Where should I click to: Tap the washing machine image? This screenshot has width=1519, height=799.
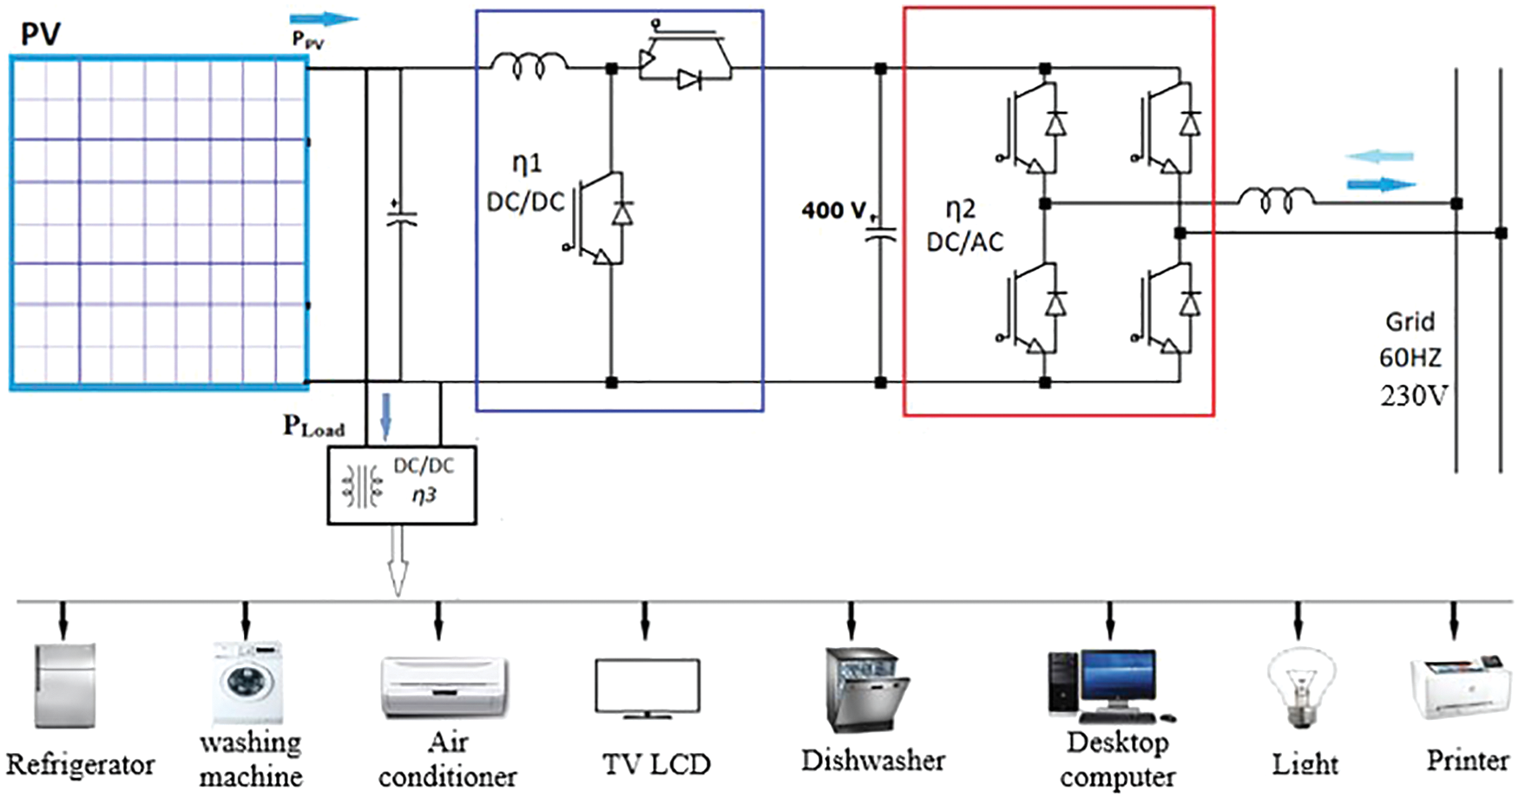tap(248, 683)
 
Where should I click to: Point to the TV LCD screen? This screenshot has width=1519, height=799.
tap(648, 686)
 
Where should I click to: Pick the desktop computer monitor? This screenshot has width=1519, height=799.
tap(1119, 680)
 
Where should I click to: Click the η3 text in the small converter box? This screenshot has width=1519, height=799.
tap(424, 495)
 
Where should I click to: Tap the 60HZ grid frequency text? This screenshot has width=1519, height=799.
tap(1410, 358)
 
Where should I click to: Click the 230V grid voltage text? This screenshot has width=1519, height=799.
tap(1413, 396)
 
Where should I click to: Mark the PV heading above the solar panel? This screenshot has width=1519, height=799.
tap(41, 35)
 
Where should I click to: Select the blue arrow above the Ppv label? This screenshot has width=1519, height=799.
tap(323, 19)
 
